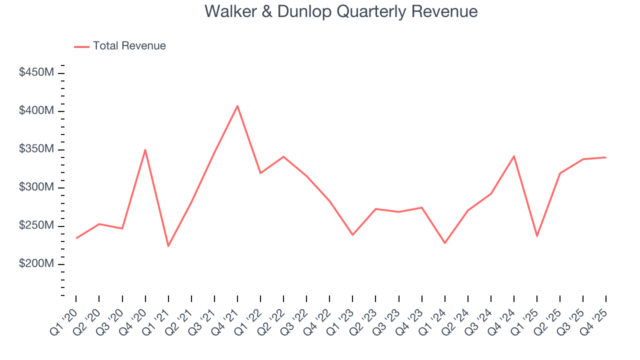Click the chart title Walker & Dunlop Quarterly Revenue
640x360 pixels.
point(341,11)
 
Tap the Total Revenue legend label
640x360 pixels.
point(129,46)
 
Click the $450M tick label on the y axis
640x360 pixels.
point(36,72)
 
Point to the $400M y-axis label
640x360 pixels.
point(36,110)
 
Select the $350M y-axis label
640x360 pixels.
point(36,149)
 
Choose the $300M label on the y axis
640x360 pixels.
point(36,187)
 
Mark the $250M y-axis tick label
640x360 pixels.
point(36,225)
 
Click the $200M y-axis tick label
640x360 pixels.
point(36,263)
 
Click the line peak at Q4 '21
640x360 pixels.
point(237,105)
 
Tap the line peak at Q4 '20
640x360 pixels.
point(145,149)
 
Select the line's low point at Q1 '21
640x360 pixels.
point(168,246)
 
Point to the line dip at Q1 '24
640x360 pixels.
point(444,243)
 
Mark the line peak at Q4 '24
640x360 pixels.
point(514,156)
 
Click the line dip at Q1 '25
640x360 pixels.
point(537,236)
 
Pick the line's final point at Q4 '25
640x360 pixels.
point(606,157)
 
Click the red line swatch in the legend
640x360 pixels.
point(81,46)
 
